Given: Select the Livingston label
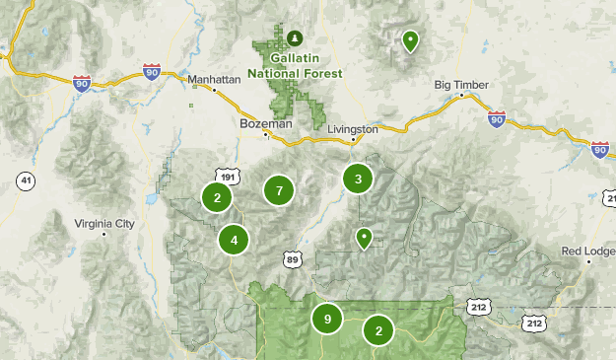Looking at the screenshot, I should (352, 129).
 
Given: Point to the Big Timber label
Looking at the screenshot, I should (461, 85).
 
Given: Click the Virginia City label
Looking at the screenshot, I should (104, 224).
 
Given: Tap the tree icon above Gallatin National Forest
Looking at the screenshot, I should (295, 38).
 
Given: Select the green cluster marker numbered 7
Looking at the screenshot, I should (280, 190).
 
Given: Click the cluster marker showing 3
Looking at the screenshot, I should (358, 179).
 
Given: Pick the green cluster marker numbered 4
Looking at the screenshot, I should (234, 239).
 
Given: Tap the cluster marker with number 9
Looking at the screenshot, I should (327, 319).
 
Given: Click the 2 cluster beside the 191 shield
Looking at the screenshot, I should (217, 197).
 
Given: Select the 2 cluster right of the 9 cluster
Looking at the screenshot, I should (378, 330).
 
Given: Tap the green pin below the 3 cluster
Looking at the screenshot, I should (364, 237).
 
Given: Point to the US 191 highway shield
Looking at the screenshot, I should (229, 177).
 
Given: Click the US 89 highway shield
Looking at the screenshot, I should (292, 258).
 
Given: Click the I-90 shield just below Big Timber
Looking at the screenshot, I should (496, 119).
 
